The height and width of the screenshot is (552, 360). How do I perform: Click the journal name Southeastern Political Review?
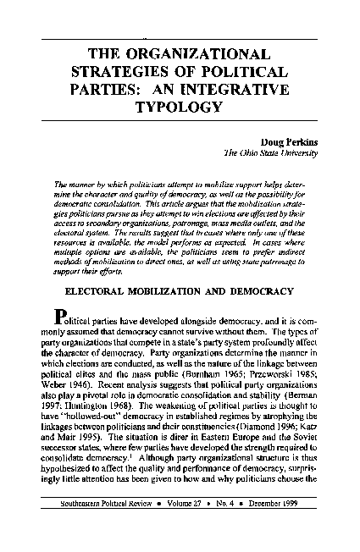108,527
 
